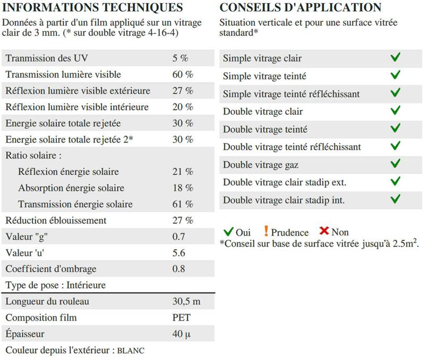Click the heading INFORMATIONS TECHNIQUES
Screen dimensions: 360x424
coord(92,7)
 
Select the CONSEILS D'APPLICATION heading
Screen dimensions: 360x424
coord(300,7)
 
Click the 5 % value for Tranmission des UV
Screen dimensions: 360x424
coord(180,58)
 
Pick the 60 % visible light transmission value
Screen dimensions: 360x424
coord(183,74)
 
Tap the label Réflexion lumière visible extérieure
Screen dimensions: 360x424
coord(78,91)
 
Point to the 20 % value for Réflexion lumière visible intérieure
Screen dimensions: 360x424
coord(183,107)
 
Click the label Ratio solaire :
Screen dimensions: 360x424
coord(33,156)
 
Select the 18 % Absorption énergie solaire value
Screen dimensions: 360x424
coord(183,188)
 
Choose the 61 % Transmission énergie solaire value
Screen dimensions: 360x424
coord(183,204)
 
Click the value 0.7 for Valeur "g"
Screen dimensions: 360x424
coord(179,237)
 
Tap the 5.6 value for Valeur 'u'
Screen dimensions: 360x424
coord(179,253)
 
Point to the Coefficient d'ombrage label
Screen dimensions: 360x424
coord(51,269)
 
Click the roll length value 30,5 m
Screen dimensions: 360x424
coord(186,302)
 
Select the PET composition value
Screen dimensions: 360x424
coord(181,318)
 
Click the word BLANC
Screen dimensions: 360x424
coord(130,351)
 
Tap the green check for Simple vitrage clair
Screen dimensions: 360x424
coord(395,57)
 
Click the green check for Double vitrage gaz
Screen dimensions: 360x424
coord(395,164)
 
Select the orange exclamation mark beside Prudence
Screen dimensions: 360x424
coord(266,231)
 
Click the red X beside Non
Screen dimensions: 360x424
coord(324,231)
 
